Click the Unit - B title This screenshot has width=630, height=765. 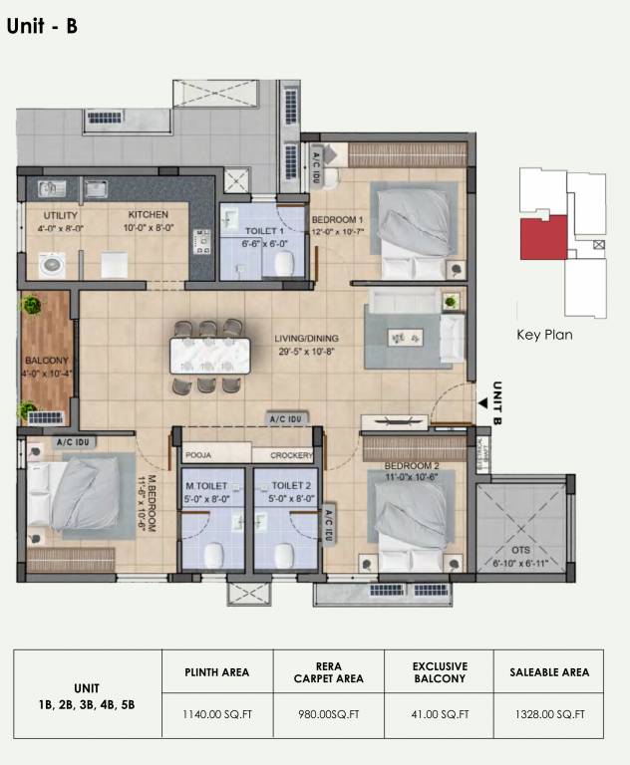coord(42,27)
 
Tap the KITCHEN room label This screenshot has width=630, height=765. coord(148,215)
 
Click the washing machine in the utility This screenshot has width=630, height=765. coord(51,264)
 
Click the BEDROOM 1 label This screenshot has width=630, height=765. coord(337,219)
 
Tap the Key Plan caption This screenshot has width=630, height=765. coord(544,335)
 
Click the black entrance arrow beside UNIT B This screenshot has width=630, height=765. coord(482,403)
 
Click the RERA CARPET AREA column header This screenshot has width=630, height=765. coord(327,672)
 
